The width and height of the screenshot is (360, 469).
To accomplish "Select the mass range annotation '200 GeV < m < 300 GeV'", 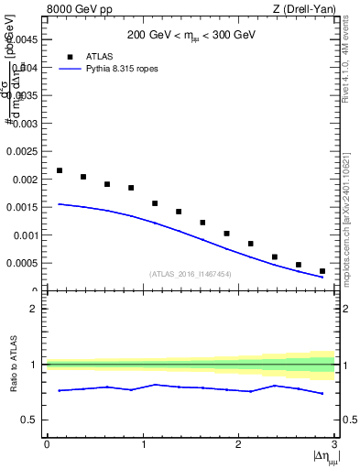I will pos(191,38).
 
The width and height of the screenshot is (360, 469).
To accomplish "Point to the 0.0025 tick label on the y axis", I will pos(21,150).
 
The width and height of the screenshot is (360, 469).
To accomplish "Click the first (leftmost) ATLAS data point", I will pos(60,170).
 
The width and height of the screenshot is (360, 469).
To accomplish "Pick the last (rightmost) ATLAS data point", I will pos(322,271).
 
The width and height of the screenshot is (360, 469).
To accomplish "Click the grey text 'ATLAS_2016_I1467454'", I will pos(191,274).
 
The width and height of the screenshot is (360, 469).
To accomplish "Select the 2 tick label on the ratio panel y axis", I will pos(36,309).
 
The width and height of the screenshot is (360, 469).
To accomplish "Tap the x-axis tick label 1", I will pos(143,444).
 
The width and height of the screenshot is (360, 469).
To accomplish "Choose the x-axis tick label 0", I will pos(47,444).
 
